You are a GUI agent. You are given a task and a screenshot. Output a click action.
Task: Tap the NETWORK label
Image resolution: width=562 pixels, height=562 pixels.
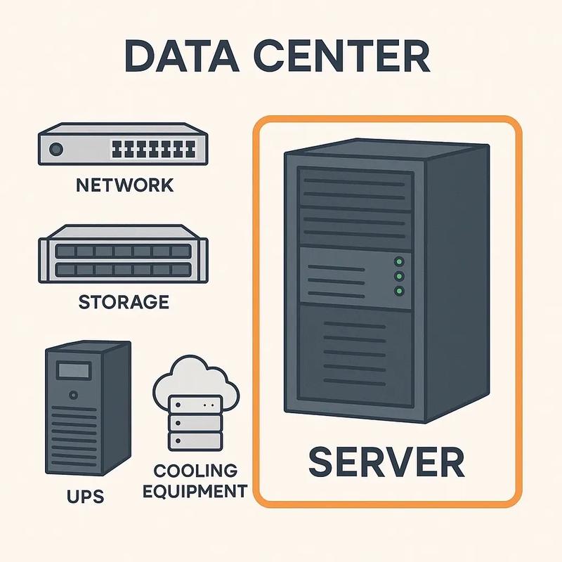(x=124, y=185)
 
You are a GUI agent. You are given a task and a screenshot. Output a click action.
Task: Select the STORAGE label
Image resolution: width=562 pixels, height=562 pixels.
(x=124, y=303)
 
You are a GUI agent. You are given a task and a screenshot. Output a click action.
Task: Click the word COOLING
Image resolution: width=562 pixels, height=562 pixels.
(x=195, y=470)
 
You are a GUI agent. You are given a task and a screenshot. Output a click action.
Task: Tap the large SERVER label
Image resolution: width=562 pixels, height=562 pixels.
(x=386, y=463)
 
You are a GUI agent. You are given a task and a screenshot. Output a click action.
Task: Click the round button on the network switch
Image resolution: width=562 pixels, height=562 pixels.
(x=56, y=150)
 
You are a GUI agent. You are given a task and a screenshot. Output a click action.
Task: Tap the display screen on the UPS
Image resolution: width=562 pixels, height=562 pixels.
(x=70, y=370)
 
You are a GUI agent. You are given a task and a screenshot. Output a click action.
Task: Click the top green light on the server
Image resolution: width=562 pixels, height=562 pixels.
(x=400, y=261)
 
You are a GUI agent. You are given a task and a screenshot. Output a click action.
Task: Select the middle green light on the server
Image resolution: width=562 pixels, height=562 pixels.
(x=400, y=276)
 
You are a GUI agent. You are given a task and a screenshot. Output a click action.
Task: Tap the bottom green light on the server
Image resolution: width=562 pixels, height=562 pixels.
(x=400, y=291)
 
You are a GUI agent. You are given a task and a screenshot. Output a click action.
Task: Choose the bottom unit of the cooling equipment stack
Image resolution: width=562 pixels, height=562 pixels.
(x=195, y=441)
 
